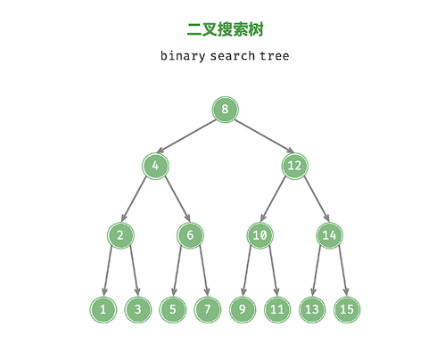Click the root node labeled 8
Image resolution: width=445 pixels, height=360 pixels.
point(225,110)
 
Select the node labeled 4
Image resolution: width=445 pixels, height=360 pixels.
point(155,166)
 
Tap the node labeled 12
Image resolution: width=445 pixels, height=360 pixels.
point(294,166)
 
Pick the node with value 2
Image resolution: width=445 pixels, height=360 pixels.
point(120,235)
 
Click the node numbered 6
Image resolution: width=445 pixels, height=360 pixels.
point(190,235)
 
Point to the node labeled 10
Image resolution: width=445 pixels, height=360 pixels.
point(260,235)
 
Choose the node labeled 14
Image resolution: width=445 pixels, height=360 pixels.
point(329,235)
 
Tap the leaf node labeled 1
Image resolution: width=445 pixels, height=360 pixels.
point(103,309)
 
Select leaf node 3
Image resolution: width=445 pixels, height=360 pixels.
point(137,309)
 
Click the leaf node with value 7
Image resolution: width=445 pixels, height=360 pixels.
point(208,309)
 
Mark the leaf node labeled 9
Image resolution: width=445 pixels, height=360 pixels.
point(243,309)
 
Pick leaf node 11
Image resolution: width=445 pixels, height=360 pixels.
point(277,309)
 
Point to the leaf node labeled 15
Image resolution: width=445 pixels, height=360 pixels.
point(347,309)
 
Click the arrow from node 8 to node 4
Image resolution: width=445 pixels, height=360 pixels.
point(186,136)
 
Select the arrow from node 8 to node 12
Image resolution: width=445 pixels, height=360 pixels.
point(264,136)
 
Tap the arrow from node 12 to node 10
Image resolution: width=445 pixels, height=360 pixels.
point(273,199)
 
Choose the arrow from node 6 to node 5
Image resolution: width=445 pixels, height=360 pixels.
point(177,271)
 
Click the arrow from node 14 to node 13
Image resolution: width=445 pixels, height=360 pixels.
point(317,271)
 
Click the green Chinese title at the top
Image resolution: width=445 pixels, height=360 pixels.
point(225,29)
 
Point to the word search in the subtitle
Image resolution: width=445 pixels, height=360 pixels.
point(233,56)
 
